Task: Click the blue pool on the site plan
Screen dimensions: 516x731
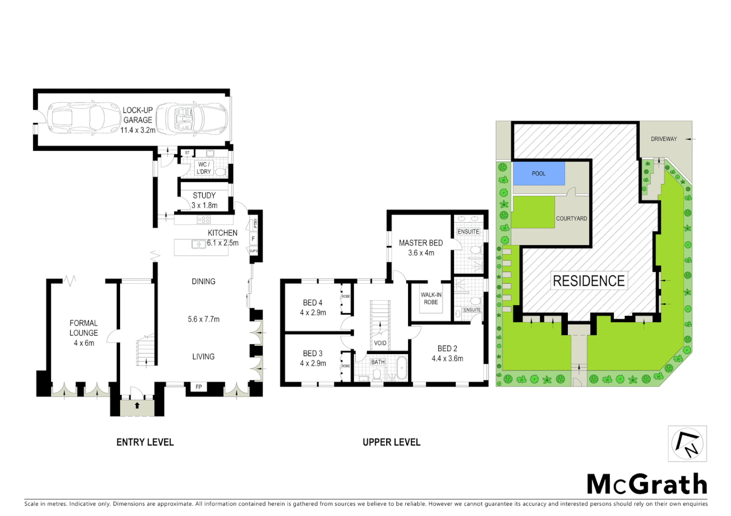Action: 539,173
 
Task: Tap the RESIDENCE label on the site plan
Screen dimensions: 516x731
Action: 588,281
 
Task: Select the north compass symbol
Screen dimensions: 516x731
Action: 687,444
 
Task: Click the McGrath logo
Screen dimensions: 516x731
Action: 647,484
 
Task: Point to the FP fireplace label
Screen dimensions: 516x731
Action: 199,387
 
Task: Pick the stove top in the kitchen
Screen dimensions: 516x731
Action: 204,220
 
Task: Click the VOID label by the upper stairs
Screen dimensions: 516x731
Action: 380,343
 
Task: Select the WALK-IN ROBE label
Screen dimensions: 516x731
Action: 431,299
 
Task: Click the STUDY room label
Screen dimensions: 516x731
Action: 204,195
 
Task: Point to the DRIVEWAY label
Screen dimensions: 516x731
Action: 664,139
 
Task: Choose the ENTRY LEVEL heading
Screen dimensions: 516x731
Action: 145,442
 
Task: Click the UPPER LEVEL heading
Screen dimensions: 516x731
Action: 391,442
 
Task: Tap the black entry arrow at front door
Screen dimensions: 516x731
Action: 137,406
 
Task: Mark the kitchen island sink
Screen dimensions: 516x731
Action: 199,244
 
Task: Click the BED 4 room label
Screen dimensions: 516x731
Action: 312,302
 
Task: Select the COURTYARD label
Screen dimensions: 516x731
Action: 571,218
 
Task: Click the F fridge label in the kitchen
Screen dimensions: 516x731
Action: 253,238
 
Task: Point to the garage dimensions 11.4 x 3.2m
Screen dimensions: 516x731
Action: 138,130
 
